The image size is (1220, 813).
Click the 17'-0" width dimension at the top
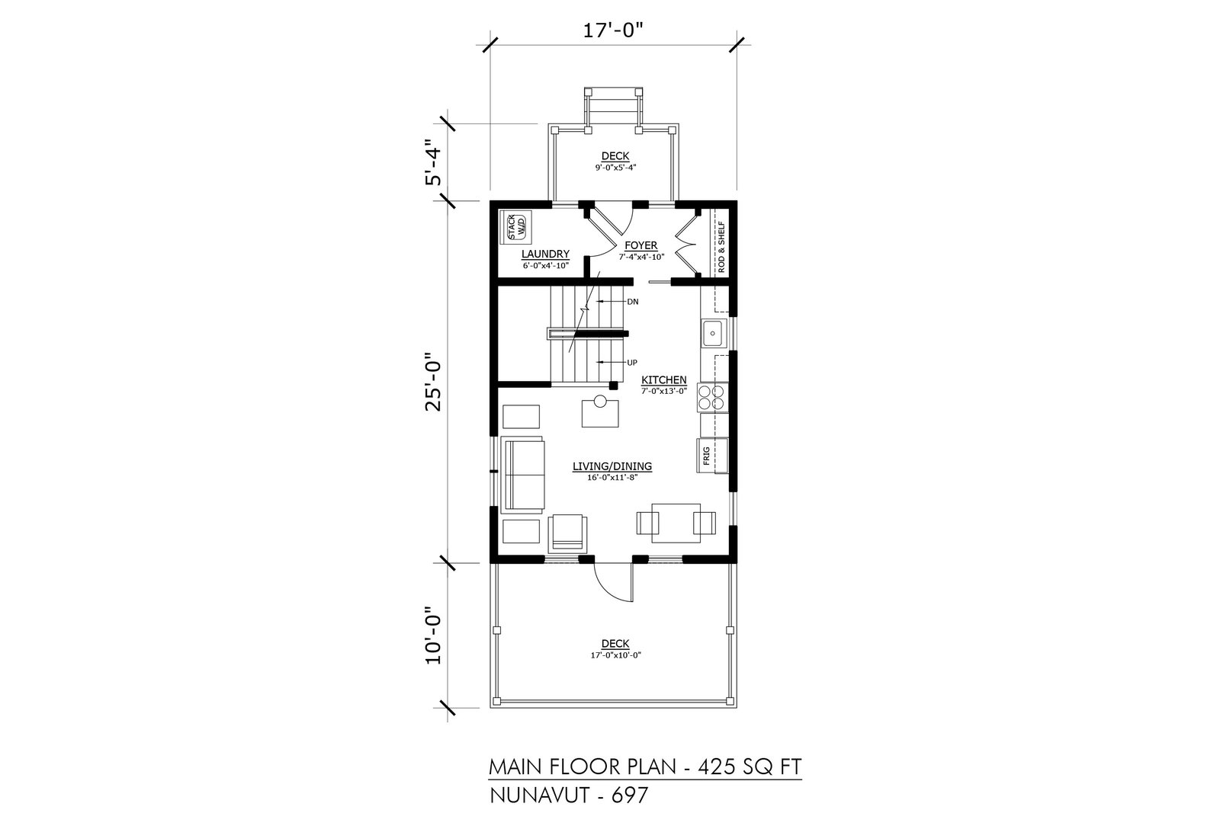[x=613, y=30]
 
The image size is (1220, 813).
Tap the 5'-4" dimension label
[x=434, y=162]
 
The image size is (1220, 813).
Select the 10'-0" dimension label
[x=434, y=635]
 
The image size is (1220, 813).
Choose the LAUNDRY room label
[x=545, y=254]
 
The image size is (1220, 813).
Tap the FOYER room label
[x=641, y=245]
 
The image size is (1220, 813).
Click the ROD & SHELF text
[x=721, y=247]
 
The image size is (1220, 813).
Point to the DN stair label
[x=633, y=302]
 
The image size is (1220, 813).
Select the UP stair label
[x=632, y=363]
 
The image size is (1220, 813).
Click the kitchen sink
[x=714, y=334]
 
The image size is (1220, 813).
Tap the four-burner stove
[x=712, y=398]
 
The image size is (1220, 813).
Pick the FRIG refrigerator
[x=712, y=455]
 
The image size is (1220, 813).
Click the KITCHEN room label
[x=664, y=380]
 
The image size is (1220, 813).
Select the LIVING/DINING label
[x=612, y=466]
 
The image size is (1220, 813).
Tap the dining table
[x=676, y=523]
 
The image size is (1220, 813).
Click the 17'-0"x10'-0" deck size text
[x=615, y=655]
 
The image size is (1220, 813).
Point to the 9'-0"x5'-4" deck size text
[x=615, y=168]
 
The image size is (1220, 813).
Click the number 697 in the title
[x=630, y=795]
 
